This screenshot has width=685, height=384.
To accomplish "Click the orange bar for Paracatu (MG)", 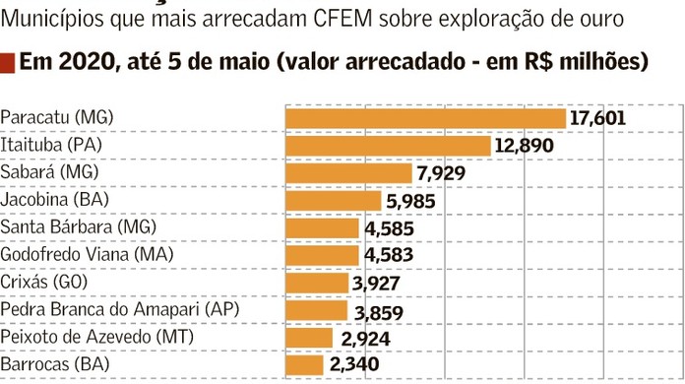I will [425, 118].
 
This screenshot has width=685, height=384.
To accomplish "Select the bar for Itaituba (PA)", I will [388, 146].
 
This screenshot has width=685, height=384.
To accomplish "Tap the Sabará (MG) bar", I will [348, 173].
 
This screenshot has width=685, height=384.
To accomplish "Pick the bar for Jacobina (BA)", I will [333, 201].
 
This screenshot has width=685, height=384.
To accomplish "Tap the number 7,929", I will [440, 173].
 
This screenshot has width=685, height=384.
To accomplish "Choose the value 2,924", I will [365, 339].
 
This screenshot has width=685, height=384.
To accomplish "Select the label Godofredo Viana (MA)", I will [87, 255].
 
